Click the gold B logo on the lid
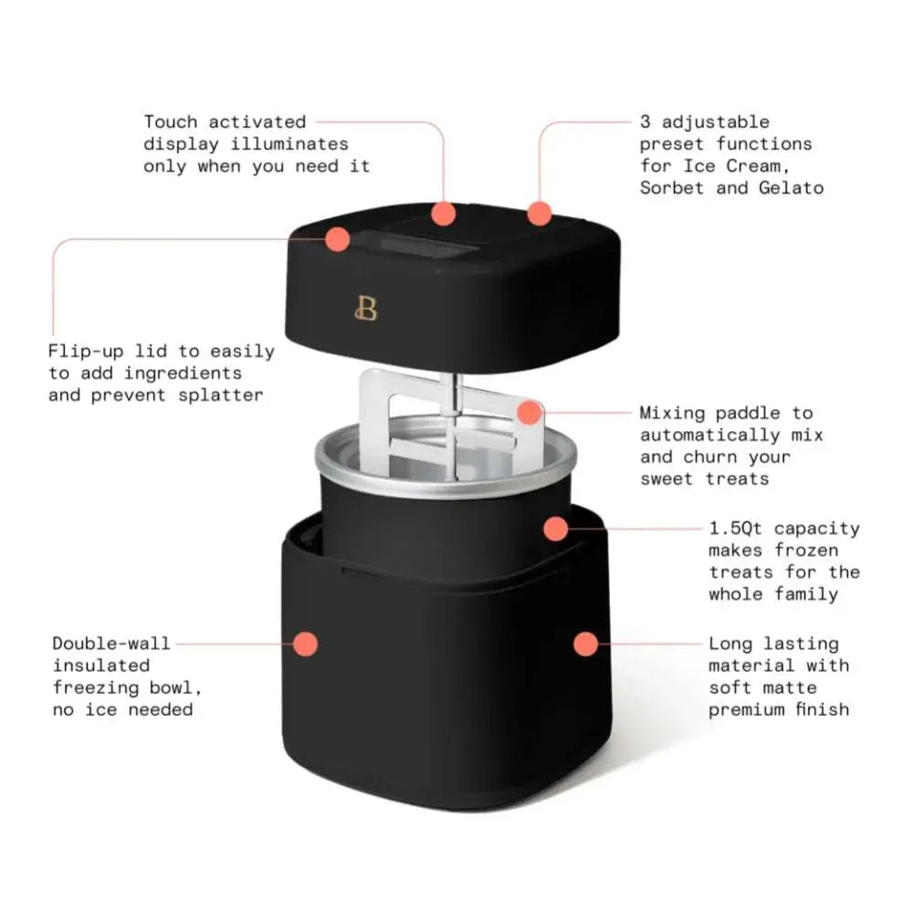coord(365,310)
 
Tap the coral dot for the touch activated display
coord(444,214)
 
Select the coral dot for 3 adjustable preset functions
coord(540,214)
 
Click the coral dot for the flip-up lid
coord(337,239)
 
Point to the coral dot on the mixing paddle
coord(529,413)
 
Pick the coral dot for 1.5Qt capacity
coord(556,528)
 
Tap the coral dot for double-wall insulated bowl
coord(306,644)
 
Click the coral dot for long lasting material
coord(586,644)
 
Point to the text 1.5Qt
coord(738,529)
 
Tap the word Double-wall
coord(110,644)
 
